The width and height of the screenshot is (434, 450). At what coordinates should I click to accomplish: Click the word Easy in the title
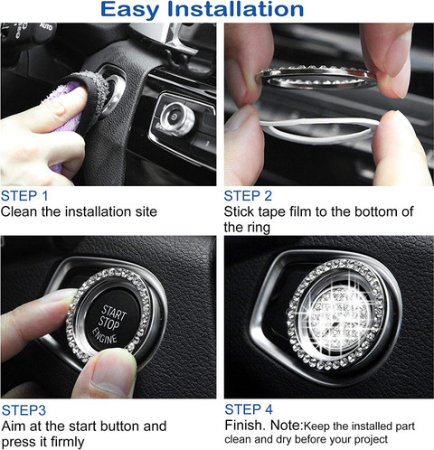point(129,11)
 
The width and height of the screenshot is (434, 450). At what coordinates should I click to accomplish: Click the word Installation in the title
point(235,9)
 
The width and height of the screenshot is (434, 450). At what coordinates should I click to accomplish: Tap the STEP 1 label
point(24,196)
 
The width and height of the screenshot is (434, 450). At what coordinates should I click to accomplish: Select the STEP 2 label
point(248,196)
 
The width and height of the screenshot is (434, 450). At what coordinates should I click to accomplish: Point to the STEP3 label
point(24,410)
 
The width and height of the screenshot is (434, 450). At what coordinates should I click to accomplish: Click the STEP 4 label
point(249,409)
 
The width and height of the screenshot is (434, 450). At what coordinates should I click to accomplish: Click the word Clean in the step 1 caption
point(19,211)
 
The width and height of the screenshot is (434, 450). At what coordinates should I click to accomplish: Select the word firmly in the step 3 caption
point(68,442)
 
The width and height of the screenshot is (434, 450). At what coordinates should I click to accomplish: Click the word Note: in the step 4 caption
point(287,426)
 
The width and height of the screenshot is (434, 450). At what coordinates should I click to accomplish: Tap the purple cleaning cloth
point(67,120)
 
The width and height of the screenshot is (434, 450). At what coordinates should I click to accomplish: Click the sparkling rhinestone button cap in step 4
point(340,316)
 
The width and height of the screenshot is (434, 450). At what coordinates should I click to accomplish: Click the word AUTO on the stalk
point(46,27)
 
